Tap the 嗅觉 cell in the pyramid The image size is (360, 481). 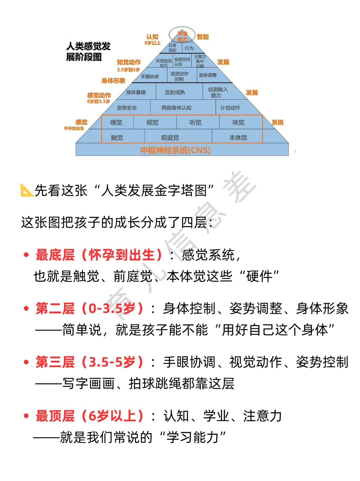(116, 123)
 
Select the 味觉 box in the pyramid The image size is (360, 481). (238, 123)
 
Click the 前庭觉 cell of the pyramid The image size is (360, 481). (170, 137)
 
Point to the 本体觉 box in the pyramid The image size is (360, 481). (238, 137)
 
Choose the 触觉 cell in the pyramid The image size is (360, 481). (117, 137)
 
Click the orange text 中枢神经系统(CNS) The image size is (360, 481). (175, 150)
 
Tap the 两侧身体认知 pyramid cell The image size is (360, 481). (176, 108)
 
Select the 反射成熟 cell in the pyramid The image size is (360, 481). (175, 92)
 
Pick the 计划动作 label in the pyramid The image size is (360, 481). (230, 108)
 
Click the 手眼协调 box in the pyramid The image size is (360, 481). (150, 77)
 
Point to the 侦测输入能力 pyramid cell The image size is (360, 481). (218, 92)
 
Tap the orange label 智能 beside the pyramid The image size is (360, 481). (203, 37)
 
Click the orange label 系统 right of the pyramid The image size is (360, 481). (277, 123)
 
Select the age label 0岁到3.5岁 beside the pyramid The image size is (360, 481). (98, 101)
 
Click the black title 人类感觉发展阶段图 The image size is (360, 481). (88, 52)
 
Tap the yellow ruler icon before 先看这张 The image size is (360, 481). (27, 190)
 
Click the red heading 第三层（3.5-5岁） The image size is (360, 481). (90, 362)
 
